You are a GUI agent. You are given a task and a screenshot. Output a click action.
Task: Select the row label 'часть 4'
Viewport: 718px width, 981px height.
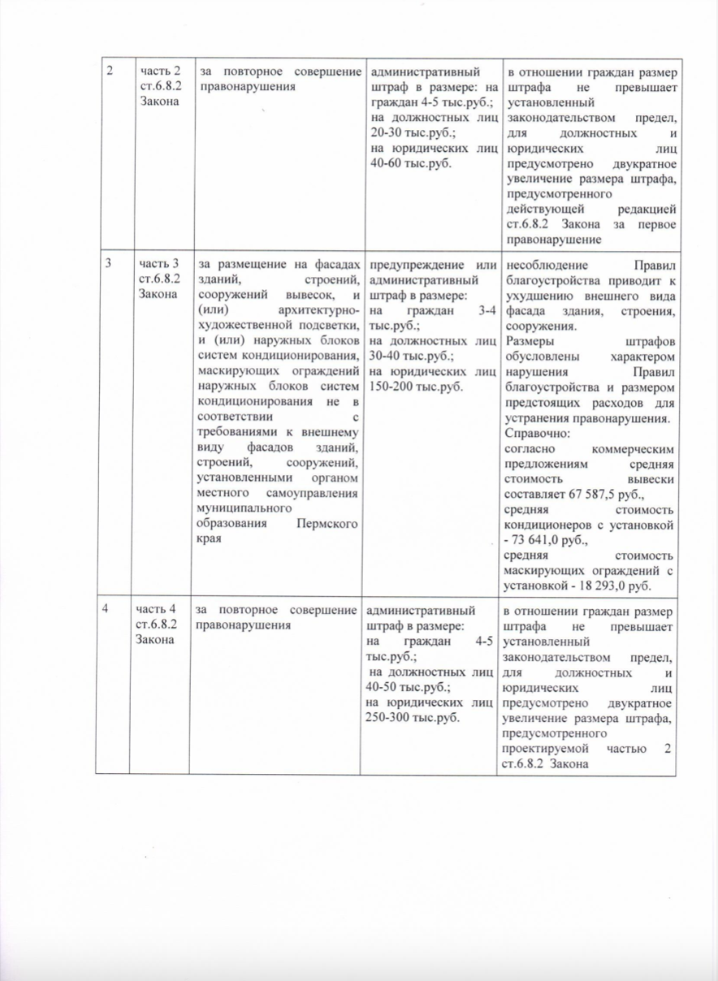click(158, 612)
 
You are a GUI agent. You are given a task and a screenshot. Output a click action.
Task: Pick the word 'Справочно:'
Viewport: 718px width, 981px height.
click(537, 433)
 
